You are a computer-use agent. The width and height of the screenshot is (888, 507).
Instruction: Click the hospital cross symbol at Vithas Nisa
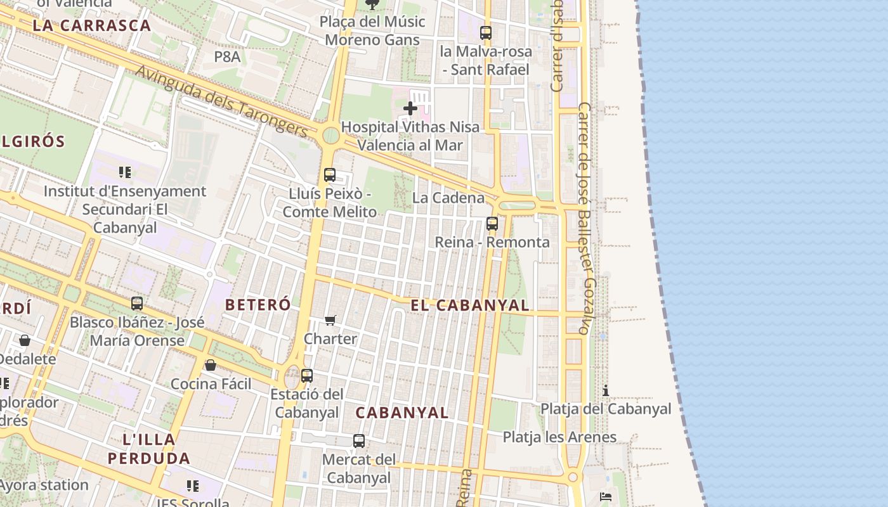410,108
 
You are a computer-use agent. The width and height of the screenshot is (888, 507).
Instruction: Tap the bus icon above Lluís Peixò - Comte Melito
329,174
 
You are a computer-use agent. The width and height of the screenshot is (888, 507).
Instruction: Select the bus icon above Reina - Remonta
492,223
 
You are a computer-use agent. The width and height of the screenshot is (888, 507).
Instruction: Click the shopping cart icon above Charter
330,320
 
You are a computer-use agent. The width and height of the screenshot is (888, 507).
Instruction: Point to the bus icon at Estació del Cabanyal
307,375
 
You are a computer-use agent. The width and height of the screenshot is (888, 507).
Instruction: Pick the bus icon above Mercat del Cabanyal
359,440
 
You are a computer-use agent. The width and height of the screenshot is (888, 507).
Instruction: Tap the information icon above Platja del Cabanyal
606,390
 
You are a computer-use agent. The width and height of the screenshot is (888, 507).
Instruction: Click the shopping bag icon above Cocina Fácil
211,365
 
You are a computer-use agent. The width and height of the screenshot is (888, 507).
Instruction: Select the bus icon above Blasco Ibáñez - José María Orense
137,303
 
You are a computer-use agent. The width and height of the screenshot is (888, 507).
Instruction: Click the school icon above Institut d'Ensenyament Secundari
125,172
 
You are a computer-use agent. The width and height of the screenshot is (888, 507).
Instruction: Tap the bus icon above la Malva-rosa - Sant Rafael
486,33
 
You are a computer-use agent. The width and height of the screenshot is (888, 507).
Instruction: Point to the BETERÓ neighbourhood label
258,305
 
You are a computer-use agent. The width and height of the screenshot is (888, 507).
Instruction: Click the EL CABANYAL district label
470,305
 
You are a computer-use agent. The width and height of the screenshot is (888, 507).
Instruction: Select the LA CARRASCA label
92,26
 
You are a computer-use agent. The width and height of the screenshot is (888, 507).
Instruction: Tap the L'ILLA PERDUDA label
148,449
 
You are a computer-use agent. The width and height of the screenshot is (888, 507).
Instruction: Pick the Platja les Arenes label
559,437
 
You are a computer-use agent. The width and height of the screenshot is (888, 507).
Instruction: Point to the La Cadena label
448,198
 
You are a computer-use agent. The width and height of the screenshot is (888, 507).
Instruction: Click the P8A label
227,56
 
